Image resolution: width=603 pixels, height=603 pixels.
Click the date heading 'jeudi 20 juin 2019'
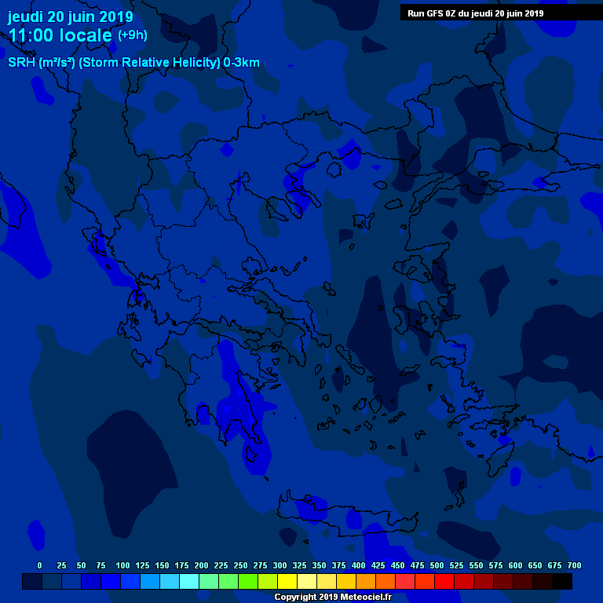(71, 16)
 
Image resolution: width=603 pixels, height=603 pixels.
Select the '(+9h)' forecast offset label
(132, 35)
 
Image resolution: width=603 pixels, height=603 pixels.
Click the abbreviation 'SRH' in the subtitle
(22, 63)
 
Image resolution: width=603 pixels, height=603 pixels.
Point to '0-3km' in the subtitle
(241, 63)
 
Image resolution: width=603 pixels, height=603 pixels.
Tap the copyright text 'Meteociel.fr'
(359, 597)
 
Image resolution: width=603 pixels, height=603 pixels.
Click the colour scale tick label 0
(39, 565)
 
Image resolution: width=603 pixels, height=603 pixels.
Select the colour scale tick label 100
(122, 565)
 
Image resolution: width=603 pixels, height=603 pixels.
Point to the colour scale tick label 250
(240, 565)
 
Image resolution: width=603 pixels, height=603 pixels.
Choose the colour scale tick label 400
(358, 565)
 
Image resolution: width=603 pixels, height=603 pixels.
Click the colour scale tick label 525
(456, 565)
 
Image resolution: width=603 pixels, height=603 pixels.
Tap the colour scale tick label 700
(574, 565)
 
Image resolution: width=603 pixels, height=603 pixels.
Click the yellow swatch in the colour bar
(287, 582)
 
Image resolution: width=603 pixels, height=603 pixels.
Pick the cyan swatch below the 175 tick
(189, 582)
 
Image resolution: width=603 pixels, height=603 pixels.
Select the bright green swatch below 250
(248, 582)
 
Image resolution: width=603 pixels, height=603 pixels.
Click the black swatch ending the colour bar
(562, 582)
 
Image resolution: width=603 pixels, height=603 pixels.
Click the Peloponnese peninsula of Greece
(236, 408)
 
